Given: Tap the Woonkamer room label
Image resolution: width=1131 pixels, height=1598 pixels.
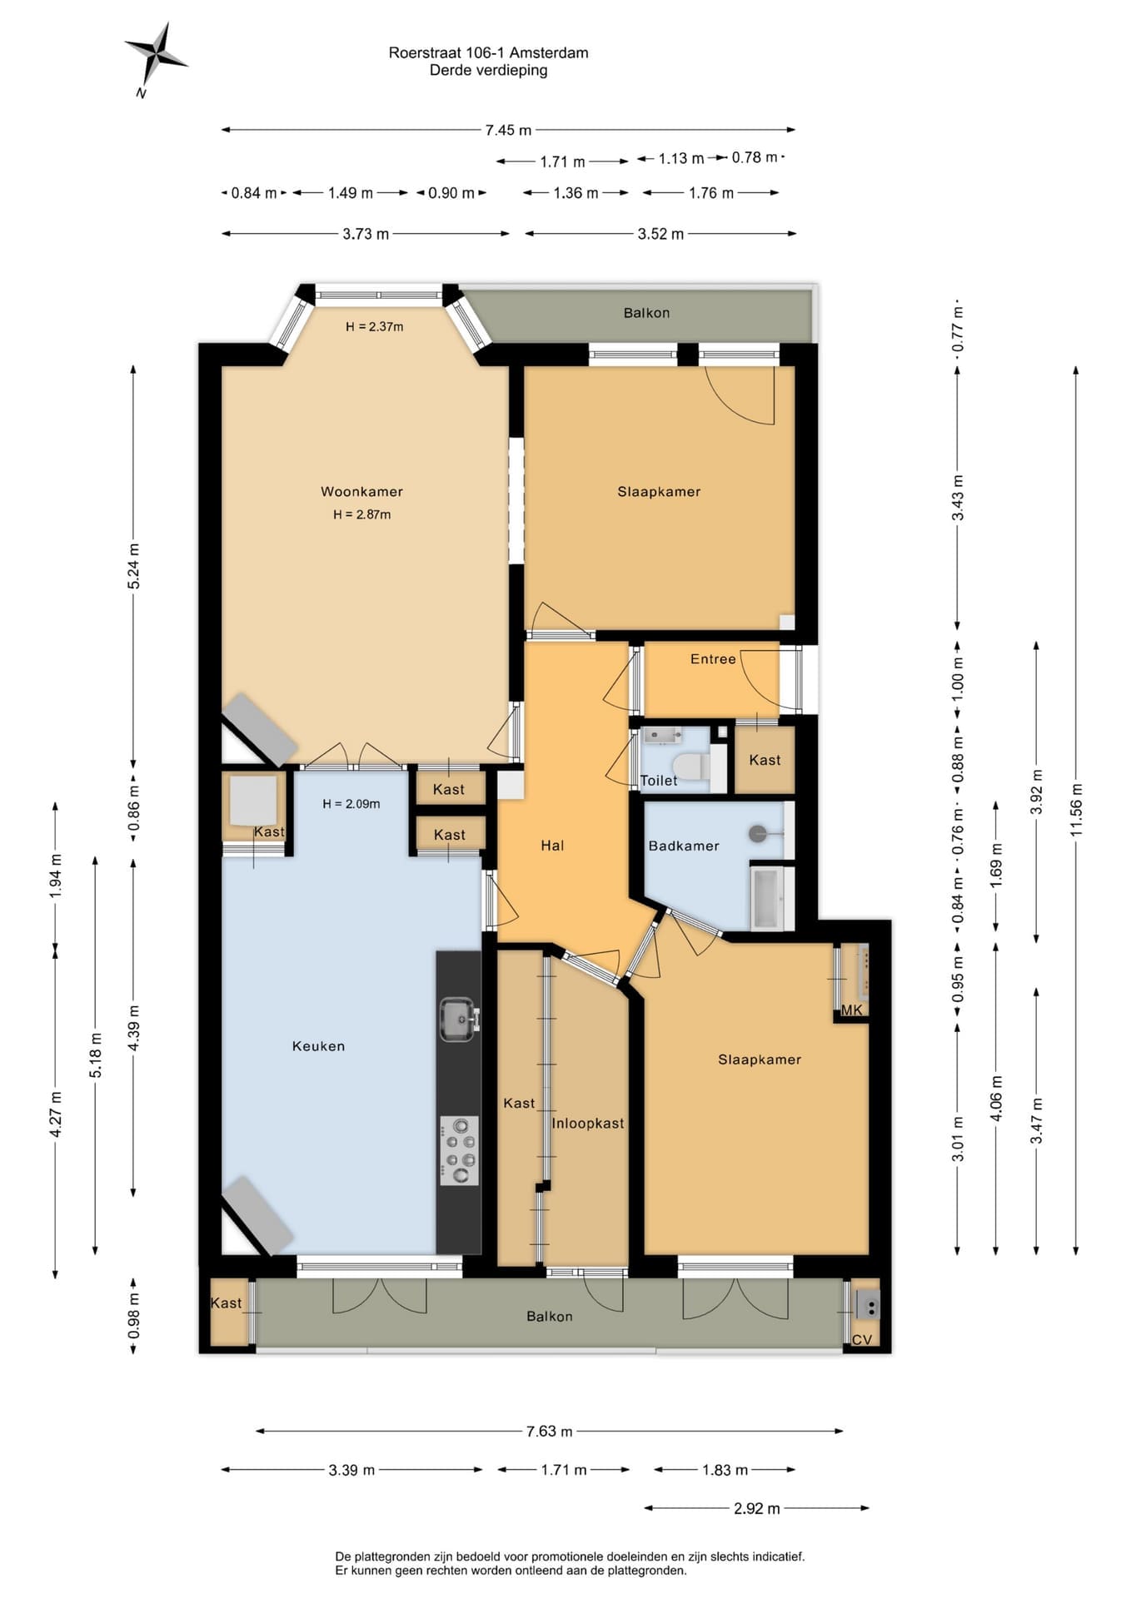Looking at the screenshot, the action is click(x=361, y=491).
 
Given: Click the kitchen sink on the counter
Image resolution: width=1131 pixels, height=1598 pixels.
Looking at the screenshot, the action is click(x=459, y=1019).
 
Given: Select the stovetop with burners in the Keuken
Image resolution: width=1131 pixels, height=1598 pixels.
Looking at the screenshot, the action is click(x=459, y=1150).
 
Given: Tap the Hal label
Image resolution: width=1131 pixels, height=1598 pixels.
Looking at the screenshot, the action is click(x=552, y=846).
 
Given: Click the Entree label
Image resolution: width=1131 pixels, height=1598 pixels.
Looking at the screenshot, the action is click(x=713, y=658).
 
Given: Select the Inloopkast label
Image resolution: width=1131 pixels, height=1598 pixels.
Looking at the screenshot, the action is click(x=587, y=1123).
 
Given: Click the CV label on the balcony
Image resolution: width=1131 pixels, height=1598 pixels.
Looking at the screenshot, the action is click(x=862, y=1339).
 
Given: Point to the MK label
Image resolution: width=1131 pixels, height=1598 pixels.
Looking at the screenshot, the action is click(x=851, y=1010).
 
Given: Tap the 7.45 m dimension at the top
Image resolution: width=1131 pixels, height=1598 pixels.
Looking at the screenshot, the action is click(x=508, y=130).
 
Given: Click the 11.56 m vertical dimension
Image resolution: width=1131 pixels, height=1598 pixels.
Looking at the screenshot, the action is click(x=1076, y=810).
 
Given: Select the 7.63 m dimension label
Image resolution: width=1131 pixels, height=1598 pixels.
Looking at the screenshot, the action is click(x=549, y=1431).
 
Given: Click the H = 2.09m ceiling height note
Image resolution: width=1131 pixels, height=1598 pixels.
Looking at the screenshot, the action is click(x=351, y=803).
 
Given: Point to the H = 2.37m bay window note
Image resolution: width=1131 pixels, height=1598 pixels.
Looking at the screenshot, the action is click(x=374, y=326).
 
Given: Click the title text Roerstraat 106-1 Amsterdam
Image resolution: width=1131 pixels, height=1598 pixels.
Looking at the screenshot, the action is click(x=488, y=52).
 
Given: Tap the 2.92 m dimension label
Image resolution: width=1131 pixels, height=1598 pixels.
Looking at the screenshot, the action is click(x=756, y=1508).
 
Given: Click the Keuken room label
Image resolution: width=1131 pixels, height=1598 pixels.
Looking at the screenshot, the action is click(x=318, y=1046).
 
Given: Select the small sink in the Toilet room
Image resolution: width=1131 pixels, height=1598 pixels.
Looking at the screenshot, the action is click(x=663, y=735).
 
